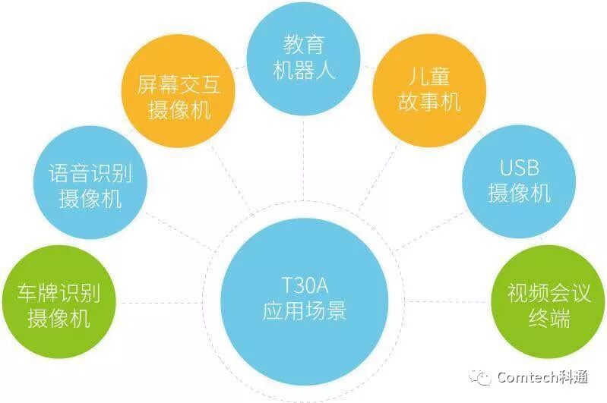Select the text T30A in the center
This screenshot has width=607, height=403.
click(304, 287)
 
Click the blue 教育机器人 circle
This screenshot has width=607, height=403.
click(303, 57)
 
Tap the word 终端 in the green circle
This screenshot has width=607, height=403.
click(549, 318)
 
